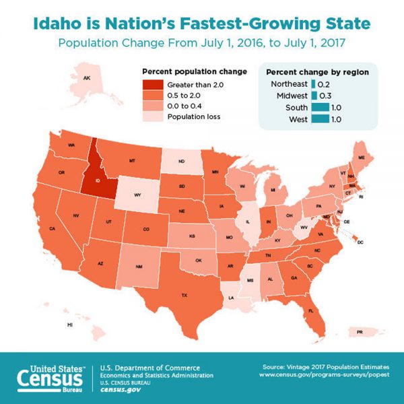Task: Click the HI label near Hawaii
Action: [x=69, y=325]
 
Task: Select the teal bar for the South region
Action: [x=320, y=107]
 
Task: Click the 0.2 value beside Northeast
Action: [x=323, y=83]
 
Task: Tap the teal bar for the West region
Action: [x=320, y=119]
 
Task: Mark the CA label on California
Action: [x=52, y=229]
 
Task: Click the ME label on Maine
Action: [x=361, y=157]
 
